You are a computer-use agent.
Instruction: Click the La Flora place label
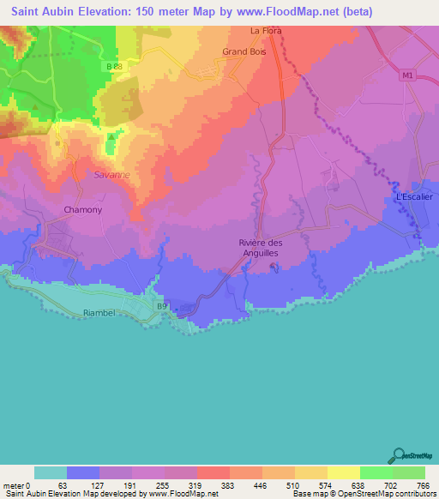tap(265, 31)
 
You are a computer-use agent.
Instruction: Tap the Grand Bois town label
tap(241, 51)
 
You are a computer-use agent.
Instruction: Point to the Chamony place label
tap(83, 209)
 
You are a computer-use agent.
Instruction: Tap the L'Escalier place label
tap(415, 196)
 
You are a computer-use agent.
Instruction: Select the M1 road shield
tap(406, 75)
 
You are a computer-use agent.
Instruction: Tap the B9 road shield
tap(161, 304)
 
